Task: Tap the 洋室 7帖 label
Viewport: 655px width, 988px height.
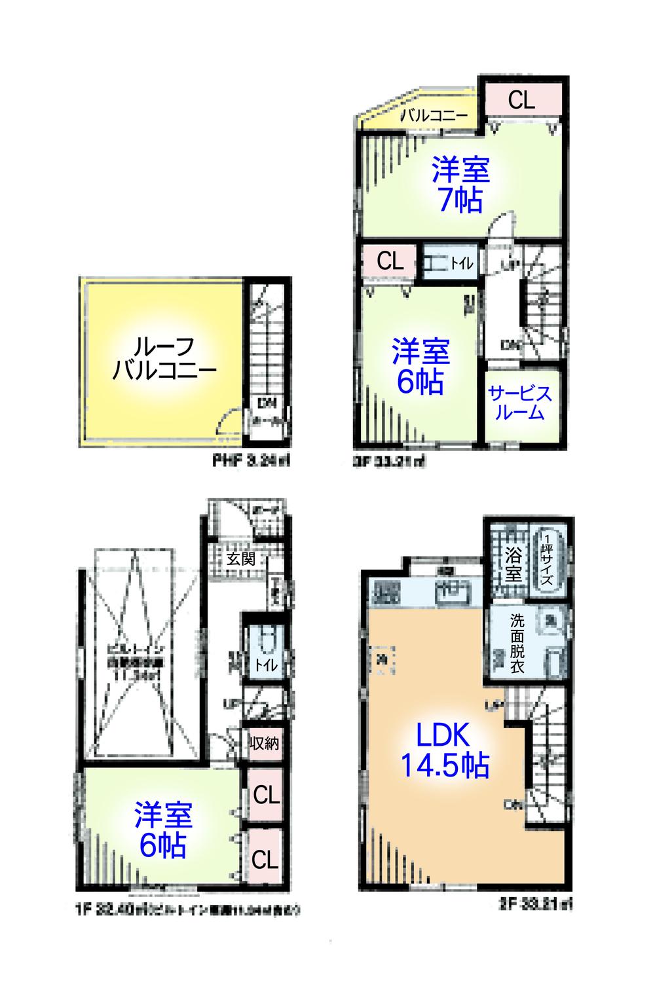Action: pyautogui.click(x=460, y=184)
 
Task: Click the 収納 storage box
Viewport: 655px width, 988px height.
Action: pyautogui.click(x=265, y=743)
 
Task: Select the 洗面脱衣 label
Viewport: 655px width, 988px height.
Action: pyautogui.click(x=517, y=643)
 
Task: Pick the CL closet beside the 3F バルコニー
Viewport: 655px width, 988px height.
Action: pyautogui.click(x=522, y=100)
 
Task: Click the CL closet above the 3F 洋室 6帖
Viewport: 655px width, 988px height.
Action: pyautogui.click(x=390, y=262)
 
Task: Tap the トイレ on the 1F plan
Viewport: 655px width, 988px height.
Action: pyautogui.click(x=266, y=655)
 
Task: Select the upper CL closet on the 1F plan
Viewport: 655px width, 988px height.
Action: pyautogui.click(x=266, y=796)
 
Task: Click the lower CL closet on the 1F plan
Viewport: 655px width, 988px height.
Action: pyautogui.click(x=265, y=858)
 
